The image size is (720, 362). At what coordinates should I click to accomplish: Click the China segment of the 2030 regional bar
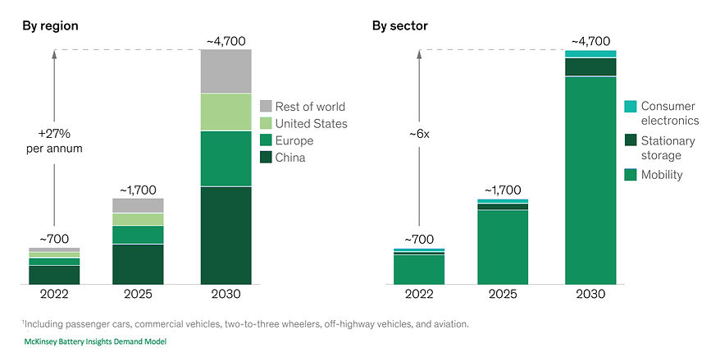[226, 236]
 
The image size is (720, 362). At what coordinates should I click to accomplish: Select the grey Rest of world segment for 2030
[226, 73]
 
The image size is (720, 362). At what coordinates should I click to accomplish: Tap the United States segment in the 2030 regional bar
[226, 112]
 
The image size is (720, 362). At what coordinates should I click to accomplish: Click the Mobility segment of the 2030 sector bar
[590, 181]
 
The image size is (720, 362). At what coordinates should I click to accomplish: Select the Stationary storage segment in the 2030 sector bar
[590, 66]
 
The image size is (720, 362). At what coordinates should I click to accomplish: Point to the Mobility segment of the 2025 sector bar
[502, 247]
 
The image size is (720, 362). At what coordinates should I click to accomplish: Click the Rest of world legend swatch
[266, 107]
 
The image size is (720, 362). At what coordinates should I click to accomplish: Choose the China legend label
[290, 158]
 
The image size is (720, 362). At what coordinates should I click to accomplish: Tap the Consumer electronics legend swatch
[630, 107]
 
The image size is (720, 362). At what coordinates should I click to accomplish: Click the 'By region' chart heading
[50, 25]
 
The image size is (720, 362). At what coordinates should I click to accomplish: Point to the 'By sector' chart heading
[400, 25]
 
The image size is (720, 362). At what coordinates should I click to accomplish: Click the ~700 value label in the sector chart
[419, 239]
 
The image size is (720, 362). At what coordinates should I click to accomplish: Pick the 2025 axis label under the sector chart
[502, 294]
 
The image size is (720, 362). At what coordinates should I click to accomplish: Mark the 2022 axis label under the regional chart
[54, 294]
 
